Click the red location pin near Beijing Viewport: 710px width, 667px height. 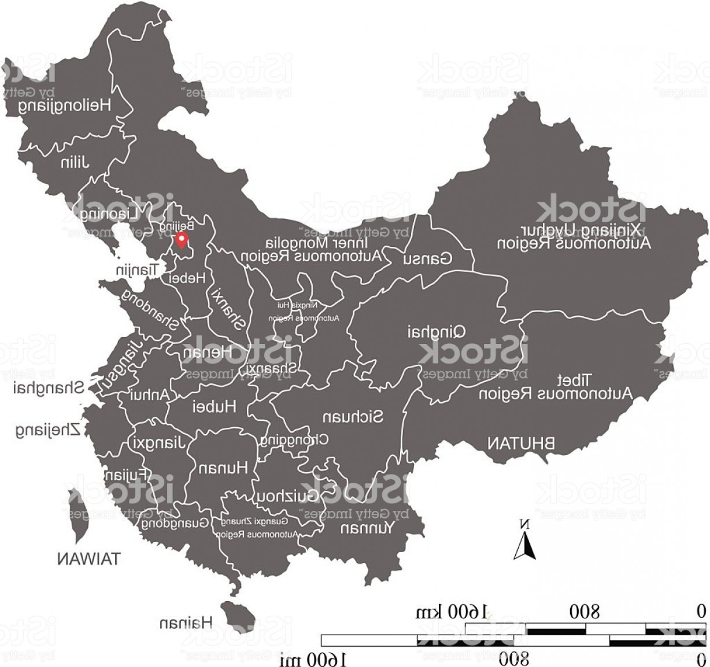tap(183, 240)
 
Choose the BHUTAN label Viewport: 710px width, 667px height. tap(520, 443)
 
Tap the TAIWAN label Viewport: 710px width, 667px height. tap(89, 558)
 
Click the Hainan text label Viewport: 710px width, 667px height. tap(186, 622)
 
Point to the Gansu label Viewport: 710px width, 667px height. tap(428, 258)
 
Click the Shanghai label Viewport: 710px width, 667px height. tap(49, 388)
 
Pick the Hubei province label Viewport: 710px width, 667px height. tap(214, 406)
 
